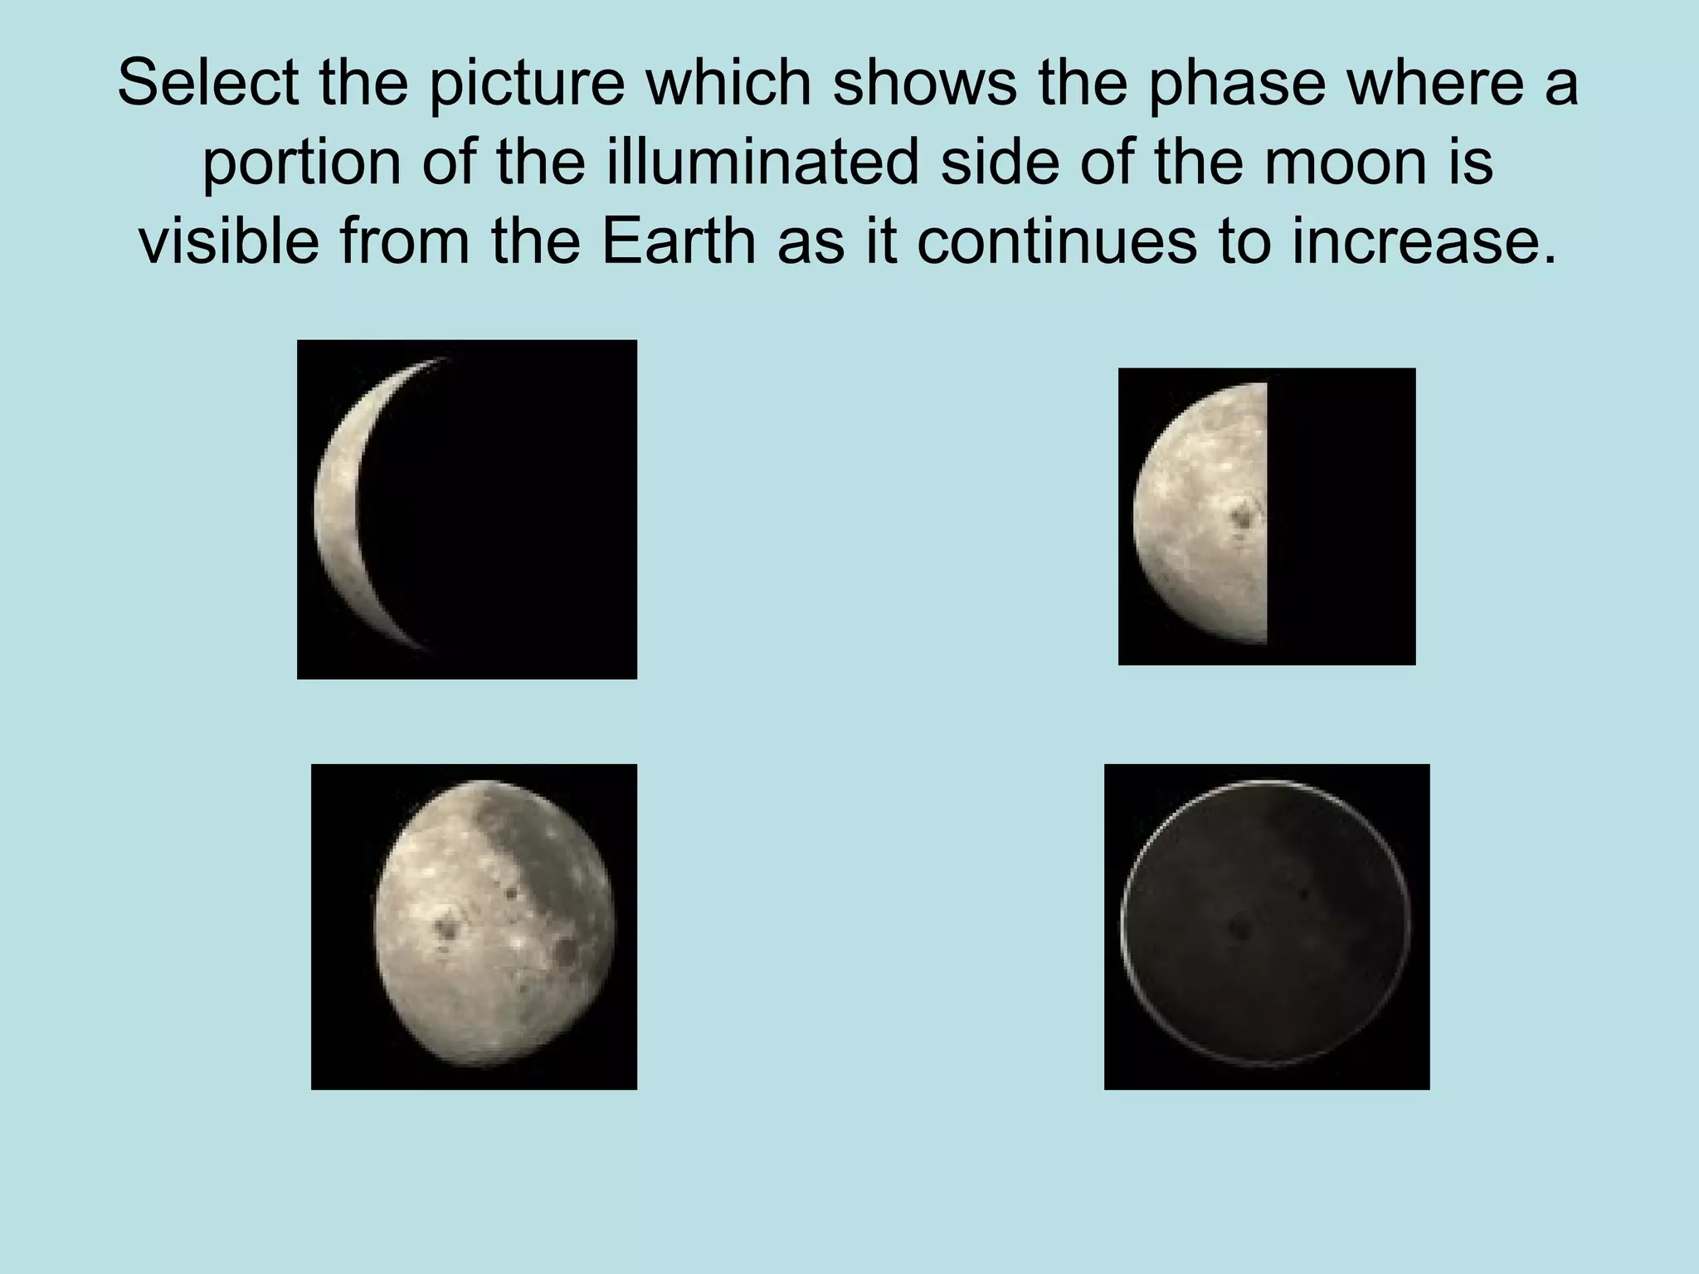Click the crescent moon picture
tap(466, 509)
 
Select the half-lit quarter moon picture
tap(1266, 516)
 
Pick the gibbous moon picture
tap(474, 926)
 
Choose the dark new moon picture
tap(1266, 926)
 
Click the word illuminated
tap(762, 163)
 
